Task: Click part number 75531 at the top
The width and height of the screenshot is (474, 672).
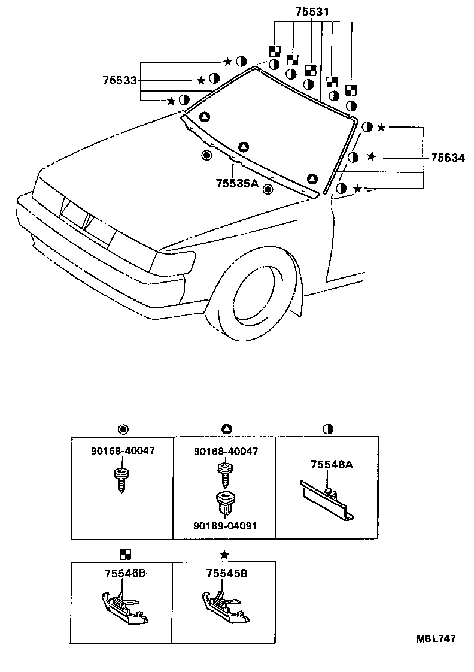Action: click(x=312, y=11)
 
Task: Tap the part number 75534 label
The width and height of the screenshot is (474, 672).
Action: click(x=448, y=158)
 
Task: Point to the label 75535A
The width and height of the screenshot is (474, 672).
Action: click(x=236, y=184)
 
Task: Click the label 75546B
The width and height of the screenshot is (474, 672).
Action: click(x=125, y=573)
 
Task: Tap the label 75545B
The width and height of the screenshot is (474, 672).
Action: click(x=227, y=573)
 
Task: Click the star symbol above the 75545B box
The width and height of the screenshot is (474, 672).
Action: click(x=224, y=555)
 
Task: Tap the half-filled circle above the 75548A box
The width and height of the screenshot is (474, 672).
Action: click(x=327, y=429)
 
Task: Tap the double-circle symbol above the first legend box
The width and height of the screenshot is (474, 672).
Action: click(x=123, y=429)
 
